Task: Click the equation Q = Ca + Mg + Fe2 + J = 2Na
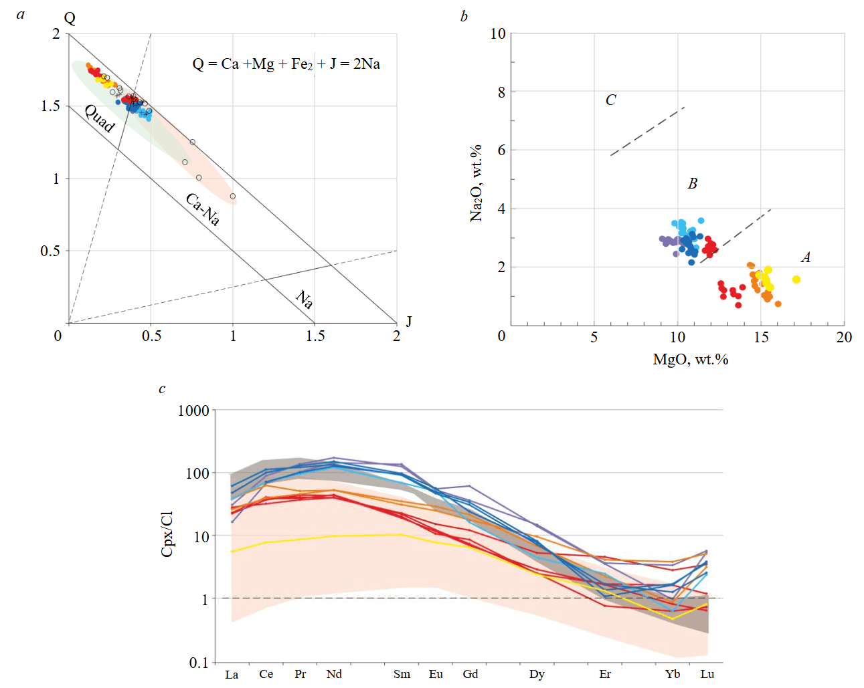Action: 286,64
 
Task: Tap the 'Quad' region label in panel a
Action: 100,118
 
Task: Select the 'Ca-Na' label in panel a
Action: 202,209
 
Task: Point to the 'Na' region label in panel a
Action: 305,299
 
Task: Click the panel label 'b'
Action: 464,17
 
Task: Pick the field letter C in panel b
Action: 610,100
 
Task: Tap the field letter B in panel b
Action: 693,184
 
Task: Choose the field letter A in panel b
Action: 806,257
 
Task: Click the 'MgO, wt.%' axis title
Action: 690,360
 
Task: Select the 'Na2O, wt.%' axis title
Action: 476,183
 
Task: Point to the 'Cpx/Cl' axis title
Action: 167,534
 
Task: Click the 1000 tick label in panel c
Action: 193,411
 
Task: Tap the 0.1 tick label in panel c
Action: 199,663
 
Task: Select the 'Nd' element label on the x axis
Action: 334,674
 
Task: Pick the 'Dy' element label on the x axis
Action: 537,674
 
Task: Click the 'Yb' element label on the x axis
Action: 673,674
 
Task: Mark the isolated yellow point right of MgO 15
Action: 796,279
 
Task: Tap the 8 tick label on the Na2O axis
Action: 501,92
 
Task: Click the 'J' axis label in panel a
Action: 409,322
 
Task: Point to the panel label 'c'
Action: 162,389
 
